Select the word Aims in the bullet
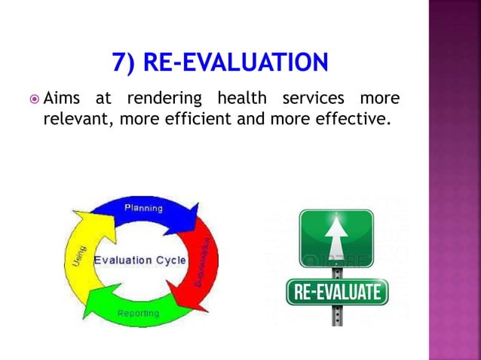point(63,98)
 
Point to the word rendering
point(164,98)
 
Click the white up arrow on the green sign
point(335,239)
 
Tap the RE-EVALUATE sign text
point(337,291)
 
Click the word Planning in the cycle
point(143,208)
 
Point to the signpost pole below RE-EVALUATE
point(337,315)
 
